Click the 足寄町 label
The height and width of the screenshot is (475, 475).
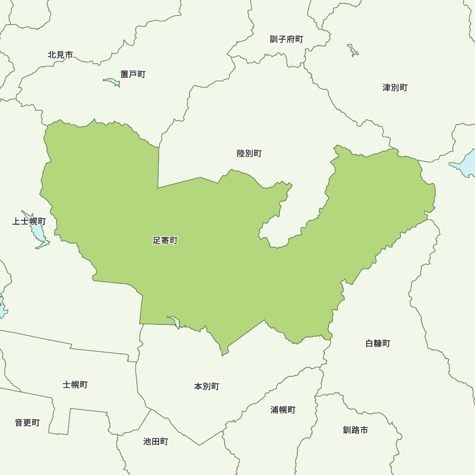pos(165,241)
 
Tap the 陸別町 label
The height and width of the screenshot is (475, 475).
pos(249,153)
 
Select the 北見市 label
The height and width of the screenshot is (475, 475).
pos(60,55)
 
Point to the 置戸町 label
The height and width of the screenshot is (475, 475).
pos(133,74)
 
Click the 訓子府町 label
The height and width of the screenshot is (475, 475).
pos(286,39)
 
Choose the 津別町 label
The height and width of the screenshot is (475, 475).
pos(395,87)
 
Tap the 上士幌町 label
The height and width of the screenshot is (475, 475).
pos(29,221)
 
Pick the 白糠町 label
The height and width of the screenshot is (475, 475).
pos(378,343)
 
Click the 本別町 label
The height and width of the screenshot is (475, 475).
pos(207,387)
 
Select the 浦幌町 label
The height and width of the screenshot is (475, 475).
pos(283,410)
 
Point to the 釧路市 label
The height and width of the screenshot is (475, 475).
pos(355,430)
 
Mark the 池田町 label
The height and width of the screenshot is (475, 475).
pos(155,442)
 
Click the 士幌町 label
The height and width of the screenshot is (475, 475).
pos(75,385)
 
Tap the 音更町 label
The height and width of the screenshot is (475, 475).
pos(27,423)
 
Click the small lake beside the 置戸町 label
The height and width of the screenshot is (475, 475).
pos(113,82)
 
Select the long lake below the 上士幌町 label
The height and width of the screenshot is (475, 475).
pos(37,233)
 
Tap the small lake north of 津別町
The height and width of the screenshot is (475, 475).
pos(353,50)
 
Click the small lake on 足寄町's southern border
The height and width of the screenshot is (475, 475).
pos(175,322)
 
